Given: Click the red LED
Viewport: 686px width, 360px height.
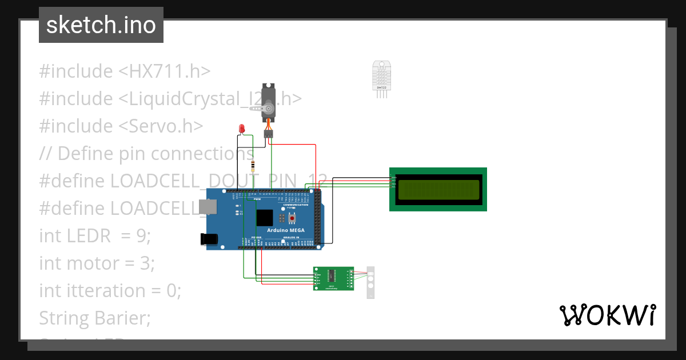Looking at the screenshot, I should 242,129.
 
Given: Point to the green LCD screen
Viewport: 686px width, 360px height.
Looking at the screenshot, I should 438,189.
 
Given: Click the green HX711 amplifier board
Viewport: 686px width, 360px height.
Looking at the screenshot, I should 334,278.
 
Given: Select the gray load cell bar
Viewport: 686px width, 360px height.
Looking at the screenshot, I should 370,282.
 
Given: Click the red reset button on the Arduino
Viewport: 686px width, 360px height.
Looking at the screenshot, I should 292,218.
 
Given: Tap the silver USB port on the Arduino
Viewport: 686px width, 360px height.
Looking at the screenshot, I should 208,208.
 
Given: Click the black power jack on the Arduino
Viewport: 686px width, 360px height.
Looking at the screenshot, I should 210,240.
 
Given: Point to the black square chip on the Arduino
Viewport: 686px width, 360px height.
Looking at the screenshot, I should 264,218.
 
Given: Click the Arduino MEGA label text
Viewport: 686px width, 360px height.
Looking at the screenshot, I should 285,230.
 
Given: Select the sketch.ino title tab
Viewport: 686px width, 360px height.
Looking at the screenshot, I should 101,25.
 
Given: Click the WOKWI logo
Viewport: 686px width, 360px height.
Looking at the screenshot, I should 607,315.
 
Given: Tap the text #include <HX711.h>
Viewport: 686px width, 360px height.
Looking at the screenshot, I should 125,71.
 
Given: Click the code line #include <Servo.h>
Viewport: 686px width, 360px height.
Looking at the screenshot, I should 121,126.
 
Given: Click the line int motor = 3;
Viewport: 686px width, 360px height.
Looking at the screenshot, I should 97,263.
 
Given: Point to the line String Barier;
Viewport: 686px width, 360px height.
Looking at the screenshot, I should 95,318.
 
